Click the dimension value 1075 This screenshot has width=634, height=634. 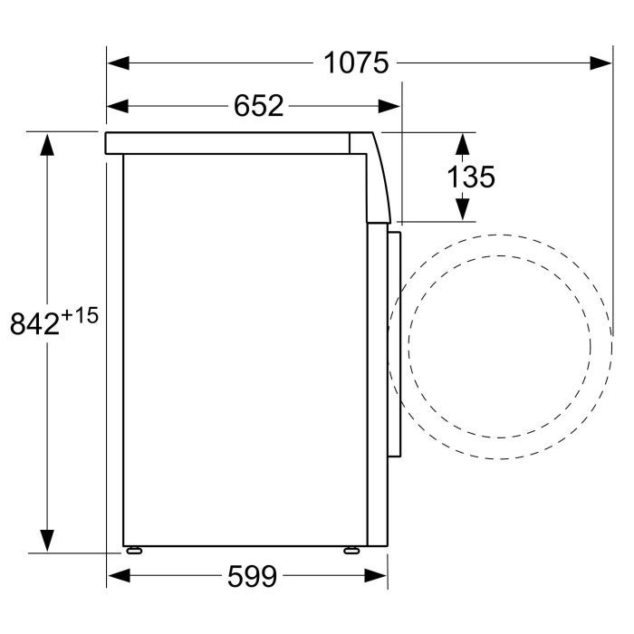[x=356, y=62]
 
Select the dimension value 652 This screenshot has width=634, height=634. [x=258, y=106]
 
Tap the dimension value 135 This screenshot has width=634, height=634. [x=471, y=177]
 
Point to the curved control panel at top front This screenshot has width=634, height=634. [x=375, y=177]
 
